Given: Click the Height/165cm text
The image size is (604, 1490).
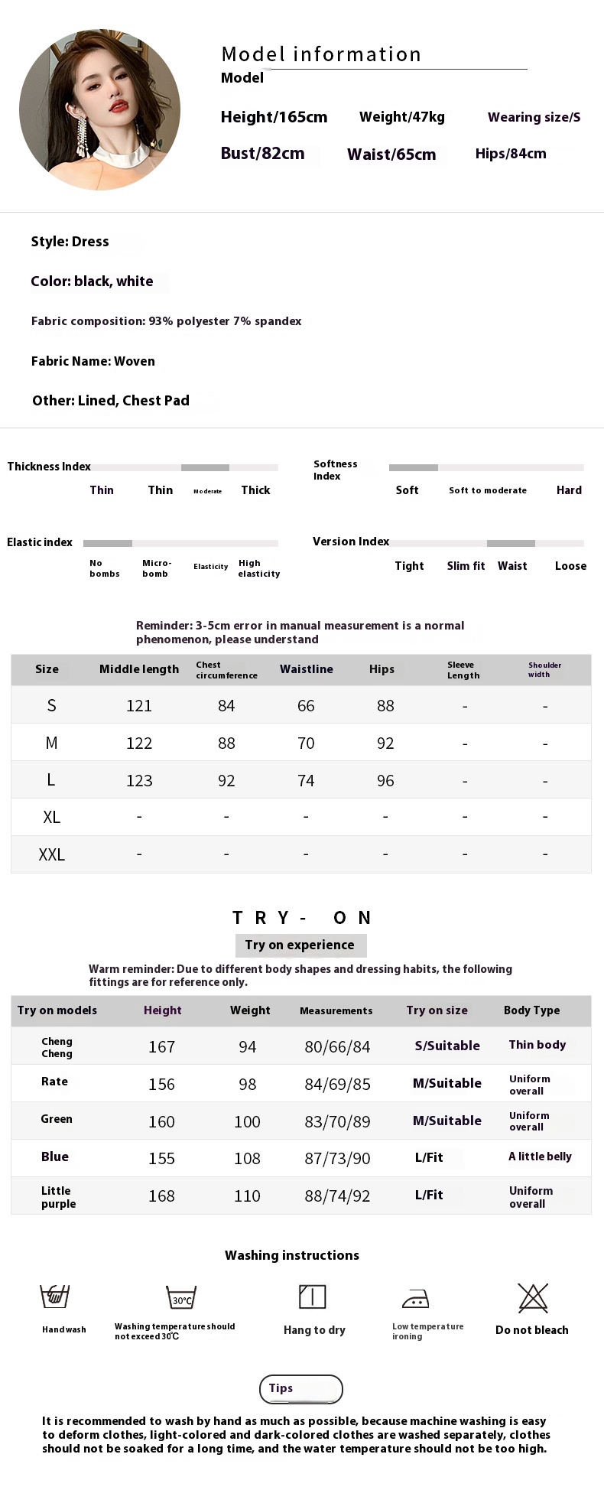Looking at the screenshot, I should coord(274,117).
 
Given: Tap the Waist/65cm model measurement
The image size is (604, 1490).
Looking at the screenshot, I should coord(391,155).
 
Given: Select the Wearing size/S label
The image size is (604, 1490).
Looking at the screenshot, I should coord(534,117).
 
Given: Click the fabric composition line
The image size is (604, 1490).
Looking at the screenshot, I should coord(166,321).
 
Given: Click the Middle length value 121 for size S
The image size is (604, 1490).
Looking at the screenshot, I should coord(139,705).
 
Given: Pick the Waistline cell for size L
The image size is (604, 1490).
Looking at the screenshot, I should coord(306,780).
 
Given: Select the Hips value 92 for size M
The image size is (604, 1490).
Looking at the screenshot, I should coord(385,743).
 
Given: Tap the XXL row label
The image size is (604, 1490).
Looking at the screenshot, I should coord(51,854).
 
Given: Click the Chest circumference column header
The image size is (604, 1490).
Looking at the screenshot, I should coord(226,670).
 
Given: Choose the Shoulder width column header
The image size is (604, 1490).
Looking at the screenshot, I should coord(544,669).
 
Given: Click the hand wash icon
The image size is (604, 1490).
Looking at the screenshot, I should coord(55,1296).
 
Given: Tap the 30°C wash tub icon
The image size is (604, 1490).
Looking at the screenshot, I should coord(181,1297).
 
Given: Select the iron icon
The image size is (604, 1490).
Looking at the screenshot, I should coord(415,1299).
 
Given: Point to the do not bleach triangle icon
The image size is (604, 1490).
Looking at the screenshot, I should coord(533,1297).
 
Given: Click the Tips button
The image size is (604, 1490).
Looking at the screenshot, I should coord(300,1388).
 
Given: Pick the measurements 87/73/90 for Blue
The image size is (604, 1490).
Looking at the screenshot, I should coord(337,1158).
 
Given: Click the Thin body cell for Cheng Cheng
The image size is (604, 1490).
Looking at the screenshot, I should coord(537,1045).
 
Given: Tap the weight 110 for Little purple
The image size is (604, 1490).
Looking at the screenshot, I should coord(247,1196).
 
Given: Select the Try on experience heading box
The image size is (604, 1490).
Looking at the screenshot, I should coord(300,945).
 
